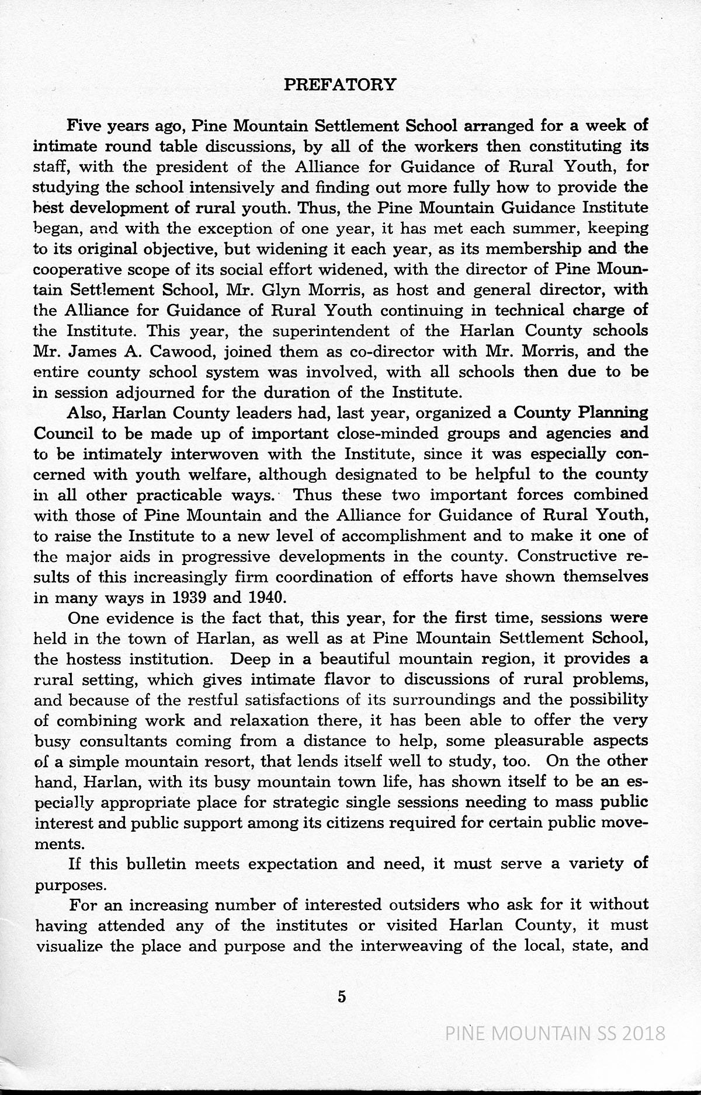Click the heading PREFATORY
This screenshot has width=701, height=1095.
point(339,85)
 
